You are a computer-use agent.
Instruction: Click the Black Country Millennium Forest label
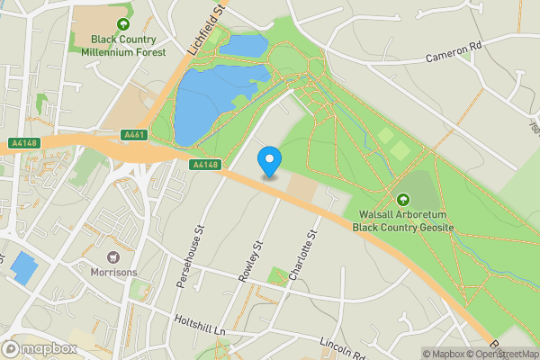pos(123,47)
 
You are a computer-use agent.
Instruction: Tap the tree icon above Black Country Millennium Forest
pos(123,24)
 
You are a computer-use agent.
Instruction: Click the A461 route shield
pos(134,135)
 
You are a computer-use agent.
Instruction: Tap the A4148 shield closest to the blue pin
pos(206,164)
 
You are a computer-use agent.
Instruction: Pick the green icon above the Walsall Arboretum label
pos(402,199)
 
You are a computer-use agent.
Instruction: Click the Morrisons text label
pos(113,271)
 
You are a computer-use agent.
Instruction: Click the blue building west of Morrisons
pos(24,268)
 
